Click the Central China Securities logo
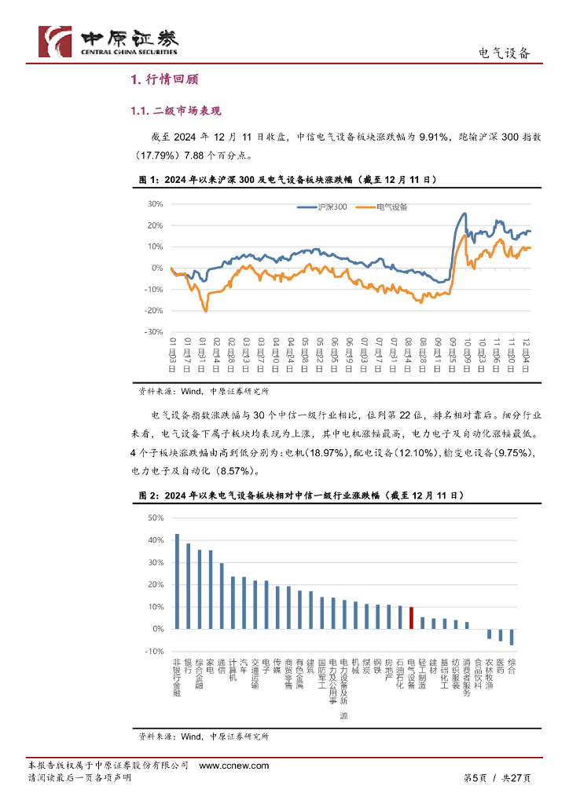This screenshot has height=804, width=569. [x=108, y=40]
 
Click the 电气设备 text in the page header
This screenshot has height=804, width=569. [x=505, y=53]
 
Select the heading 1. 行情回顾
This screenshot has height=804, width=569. [x=164, y=80]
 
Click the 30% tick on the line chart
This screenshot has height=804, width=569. [x=154, y=204]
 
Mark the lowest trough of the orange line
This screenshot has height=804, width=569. [x=206, y=311]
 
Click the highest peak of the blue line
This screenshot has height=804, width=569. [x=464, y=213]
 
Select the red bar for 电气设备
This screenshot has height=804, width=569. [x=411, y=617]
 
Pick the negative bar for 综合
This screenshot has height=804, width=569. [x=512, y=637]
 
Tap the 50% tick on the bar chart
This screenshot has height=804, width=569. [x=154, y=518]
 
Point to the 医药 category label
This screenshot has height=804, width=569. [x=501, y=667]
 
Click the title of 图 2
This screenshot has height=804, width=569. [x=301, y=496]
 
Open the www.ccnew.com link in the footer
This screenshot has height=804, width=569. [x=234, y=766]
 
